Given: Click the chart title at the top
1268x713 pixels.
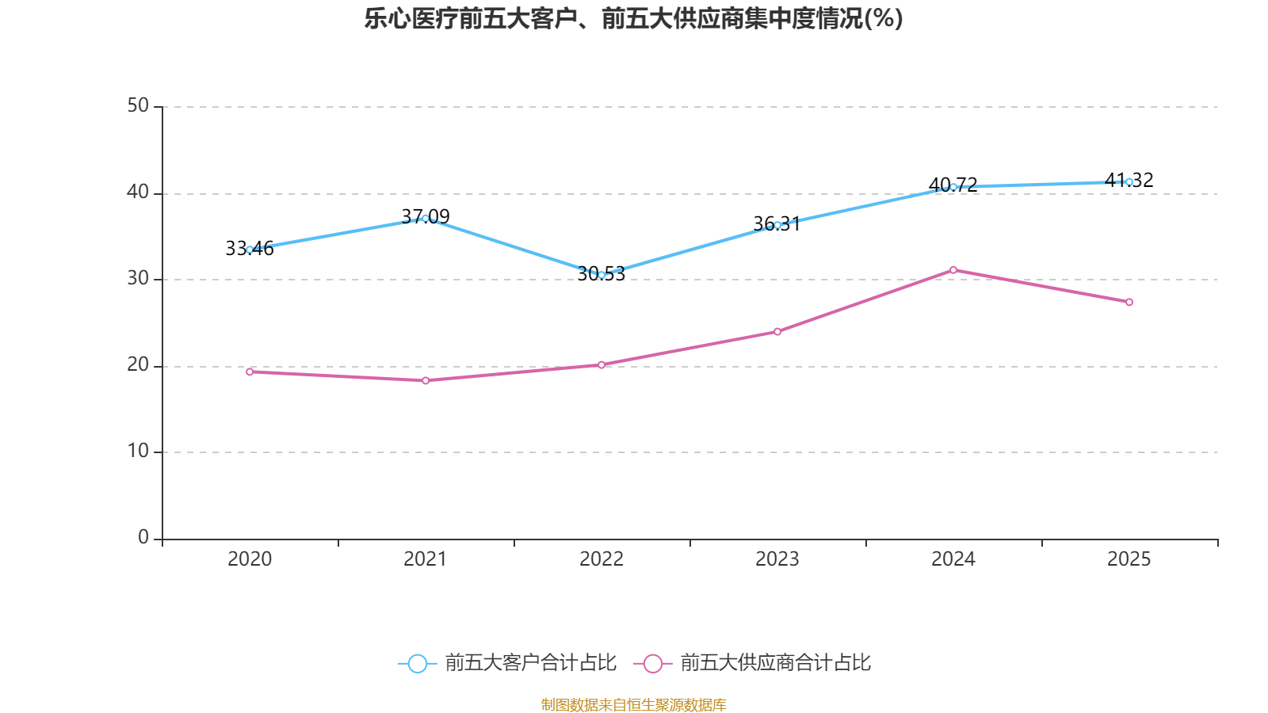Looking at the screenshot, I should coord(633,18).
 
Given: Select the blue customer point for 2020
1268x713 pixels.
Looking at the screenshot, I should coord(250,250).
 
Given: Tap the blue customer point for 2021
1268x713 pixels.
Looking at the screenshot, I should coord(426,218).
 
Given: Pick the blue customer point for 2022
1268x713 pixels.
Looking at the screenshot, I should coord(602,275).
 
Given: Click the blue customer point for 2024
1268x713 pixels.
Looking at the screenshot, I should coord(953,187).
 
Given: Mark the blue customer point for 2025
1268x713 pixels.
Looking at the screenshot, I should coord(1129,182).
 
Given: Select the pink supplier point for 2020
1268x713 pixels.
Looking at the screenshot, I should coord(250,372).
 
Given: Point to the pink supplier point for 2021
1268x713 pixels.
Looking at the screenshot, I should coord(426,380).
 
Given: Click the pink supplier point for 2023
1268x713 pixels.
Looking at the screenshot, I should coord(777,331).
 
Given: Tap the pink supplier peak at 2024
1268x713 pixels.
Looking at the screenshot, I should coord(953,270).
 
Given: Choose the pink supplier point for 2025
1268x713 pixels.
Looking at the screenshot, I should coord(1129,302).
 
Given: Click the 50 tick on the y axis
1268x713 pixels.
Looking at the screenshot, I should coord(138,105).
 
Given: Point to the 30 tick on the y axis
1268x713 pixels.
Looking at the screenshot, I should coord(138,278).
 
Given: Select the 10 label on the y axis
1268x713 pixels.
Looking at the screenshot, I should coord(138,451).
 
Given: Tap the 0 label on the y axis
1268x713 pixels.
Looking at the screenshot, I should coord(143,537).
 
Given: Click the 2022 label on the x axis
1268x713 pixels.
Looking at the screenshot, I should coord(602,559).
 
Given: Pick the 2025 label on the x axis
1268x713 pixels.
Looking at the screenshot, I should coord(1129,559).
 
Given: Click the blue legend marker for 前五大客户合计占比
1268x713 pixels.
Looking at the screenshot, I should coord(417,663).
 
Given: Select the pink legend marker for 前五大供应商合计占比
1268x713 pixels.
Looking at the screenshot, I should coord(653,663).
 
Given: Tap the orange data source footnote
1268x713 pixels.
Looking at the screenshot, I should coord(633,704).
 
